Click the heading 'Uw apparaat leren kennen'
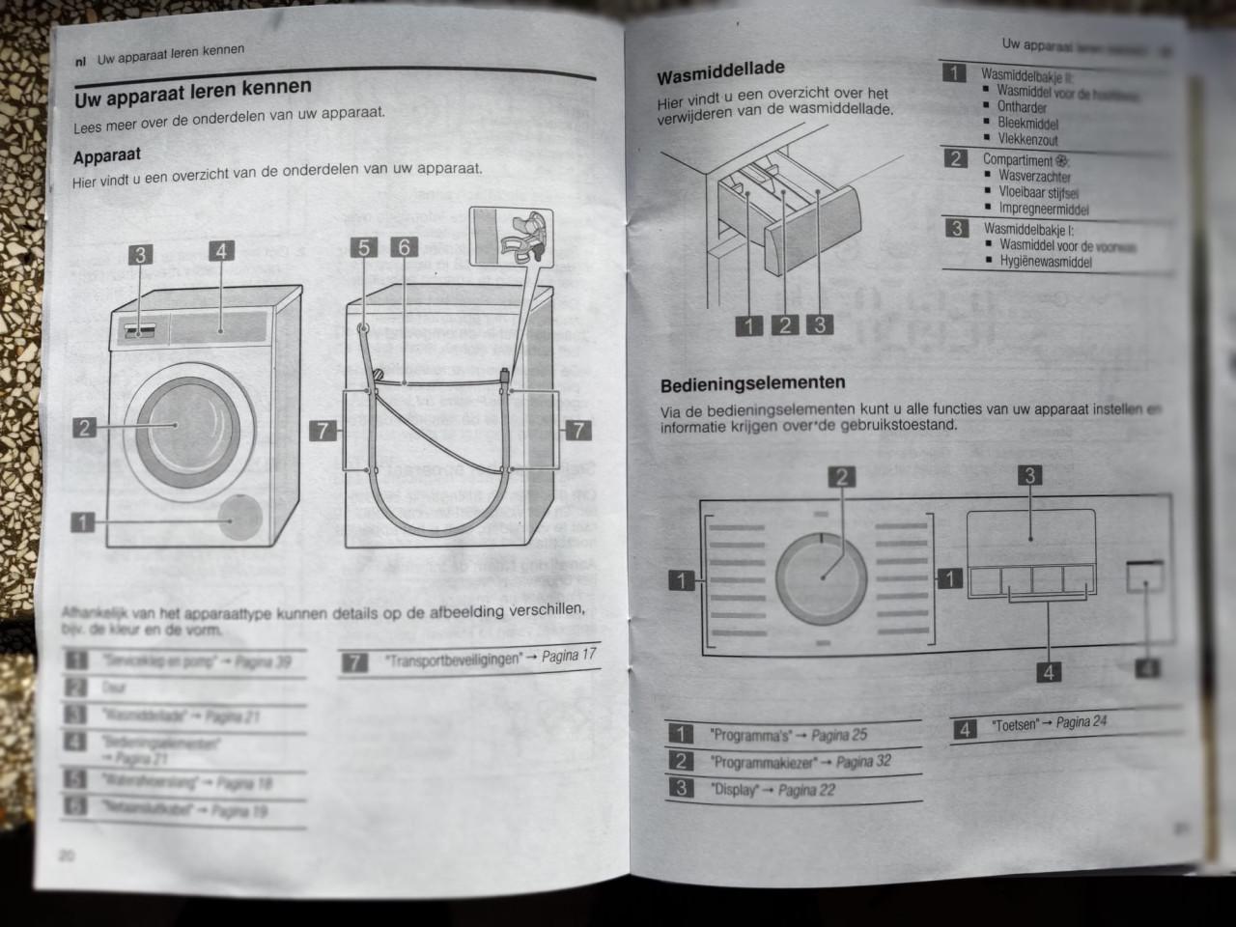point(193,93)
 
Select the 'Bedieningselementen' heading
point(752,384)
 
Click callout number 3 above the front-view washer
point(141,255)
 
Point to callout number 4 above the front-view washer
point(221,251)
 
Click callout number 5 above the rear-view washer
point(364,248)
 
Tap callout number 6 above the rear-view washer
point(404,247)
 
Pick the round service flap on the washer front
point(239,518)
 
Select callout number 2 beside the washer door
point(86,427)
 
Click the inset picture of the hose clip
point(510,237)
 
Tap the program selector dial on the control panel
point(823,576)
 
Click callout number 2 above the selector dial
point(842,477)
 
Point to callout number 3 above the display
point(1030,475)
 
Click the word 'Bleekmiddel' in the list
point(1027,124)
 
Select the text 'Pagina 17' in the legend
point(569,656)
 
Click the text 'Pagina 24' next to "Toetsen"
point(1081,721)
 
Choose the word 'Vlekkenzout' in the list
point(1027,140)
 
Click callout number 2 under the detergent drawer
point(784,325)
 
